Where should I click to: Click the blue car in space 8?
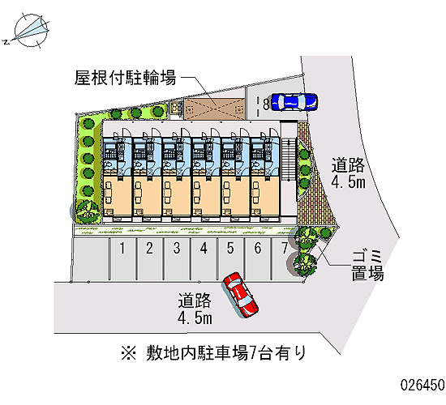(294, 102)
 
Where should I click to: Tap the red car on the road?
(241, 295)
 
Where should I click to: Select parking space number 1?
(122, 259)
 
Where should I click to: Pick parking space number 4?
(204, 259)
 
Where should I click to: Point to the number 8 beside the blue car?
(266, 104)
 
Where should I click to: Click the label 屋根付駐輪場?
(126, 78)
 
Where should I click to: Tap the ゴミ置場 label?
(367, 266)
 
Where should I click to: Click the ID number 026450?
(422, 385)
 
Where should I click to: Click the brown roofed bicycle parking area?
(214, 109)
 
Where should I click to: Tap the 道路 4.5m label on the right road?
(348, 173)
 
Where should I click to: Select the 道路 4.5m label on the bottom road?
(195, 309)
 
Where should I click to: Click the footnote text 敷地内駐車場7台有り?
(226, 353)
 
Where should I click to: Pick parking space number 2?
(150, 259)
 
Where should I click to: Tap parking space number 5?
(230, 259)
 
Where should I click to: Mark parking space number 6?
(258, 259)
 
